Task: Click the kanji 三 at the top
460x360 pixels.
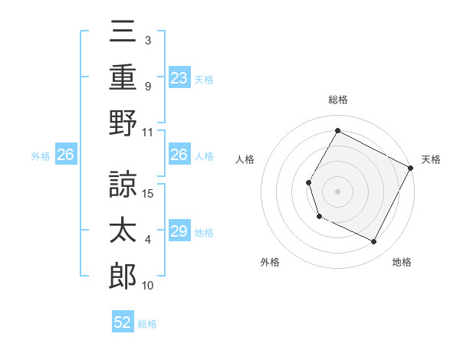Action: coord(123,33)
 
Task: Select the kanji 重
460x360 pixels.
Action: coord(123,77)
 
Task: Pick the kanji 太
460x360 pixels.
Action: coord(123,231)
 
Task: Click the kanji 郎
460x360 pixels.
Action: coord(123,276)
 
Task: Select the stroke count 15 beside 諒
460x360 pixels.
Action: coord(149,192)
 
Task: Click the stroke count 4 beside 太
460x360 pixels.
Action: coord(148,240)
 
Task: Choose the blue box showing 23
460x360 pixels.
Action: coord(179,77)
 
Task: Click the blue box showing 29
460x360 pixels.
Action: coord(179,231)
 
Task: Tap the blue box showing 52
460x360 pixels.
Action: coord(123,322)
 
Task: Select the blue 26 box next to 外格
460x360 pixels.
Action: coord(65,155)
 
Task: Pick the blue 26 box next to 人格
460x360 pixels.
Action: coord(179,155)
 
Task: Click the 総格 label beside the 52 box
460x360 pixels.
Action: coord(147,324)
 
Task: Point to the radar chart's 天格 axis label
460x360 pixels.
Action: coord(431,159)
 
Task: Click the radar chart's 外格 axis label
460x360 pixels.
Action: coord(270,262)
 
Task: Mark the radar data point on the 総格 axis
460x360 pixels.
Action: coord(337,130)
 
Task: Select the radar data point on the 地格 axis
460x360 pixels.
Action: coord(374,242)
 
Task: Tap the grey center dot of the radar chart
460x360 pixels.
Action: coord(337,191)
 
